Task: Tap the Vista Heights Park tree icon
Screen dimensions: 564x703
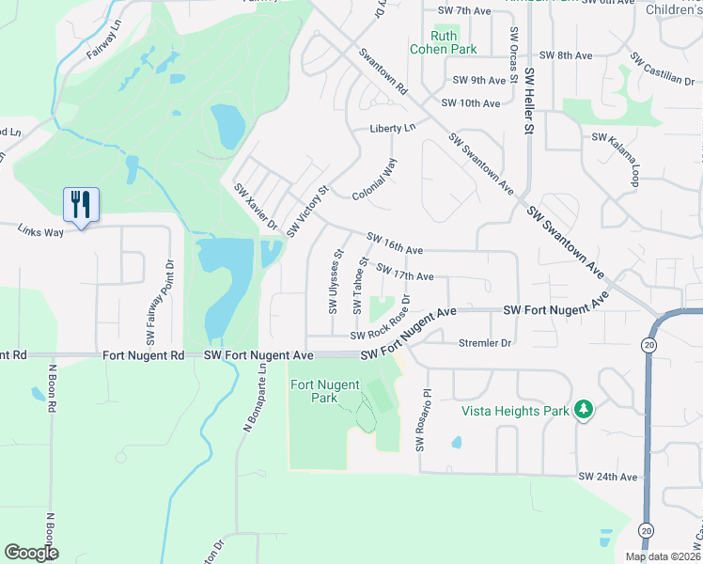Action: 584,410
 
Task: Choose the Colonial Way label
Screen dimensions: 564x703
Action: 375,179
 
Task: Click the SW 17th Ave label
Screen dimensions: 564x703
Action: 405,272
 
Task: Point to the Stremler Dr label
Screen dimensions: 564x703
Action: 484,344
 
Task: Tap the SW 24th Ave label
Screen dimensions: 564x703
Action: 608,477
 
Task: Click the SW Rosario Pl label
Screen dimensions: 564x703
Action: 423,419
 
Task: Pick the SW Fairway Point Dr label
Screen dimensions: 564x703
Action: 159,302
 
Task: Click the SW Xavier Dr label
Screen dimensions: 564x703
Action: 256,206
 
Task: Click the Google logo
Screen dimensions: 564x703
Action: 32,553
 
